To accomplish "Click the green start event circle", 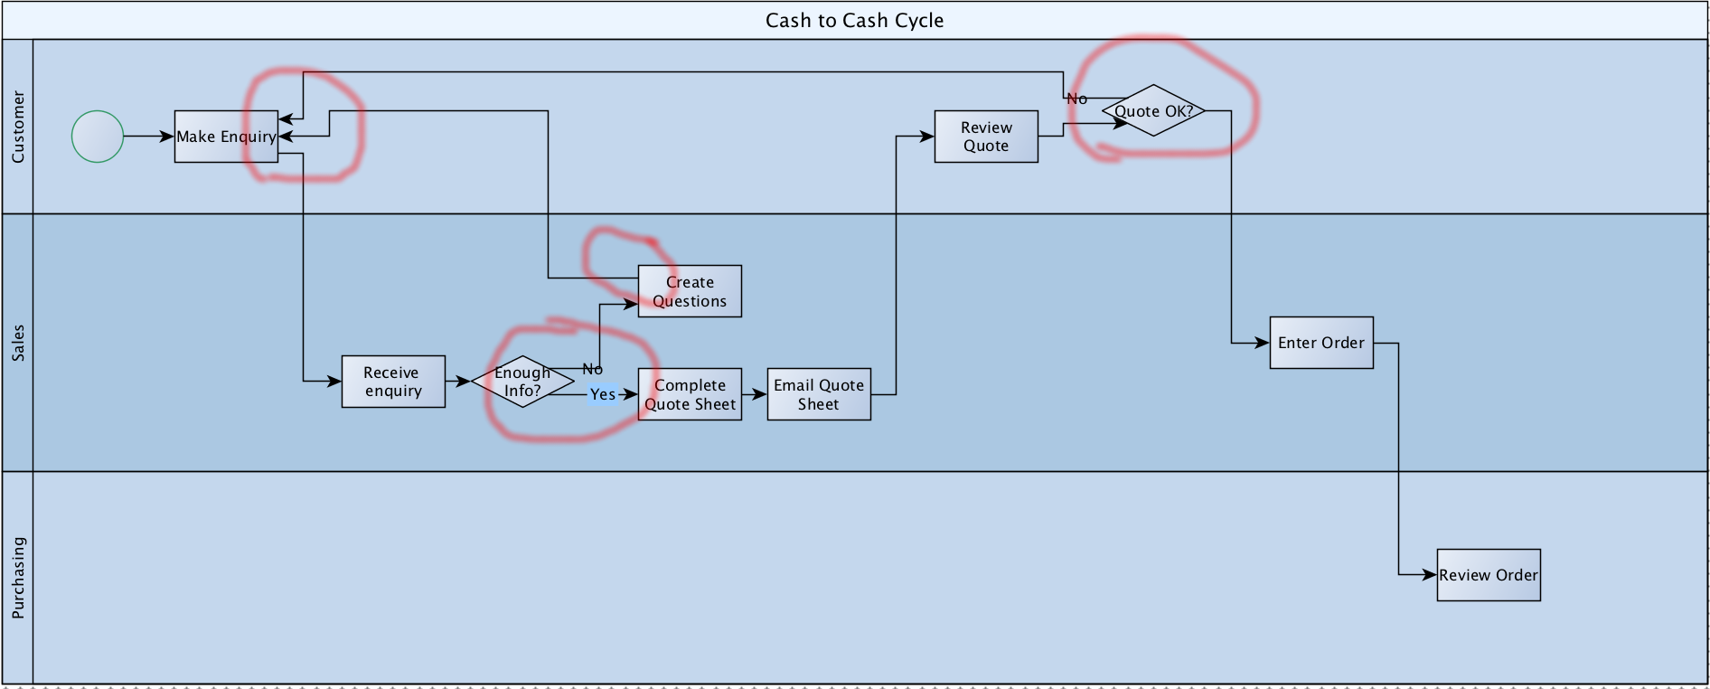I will (98, 137).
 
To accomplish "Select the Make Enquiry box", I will (226, 137).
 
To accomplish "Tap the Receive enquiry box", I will (393, 382).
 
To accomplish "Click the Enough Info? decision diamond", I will (522, 382).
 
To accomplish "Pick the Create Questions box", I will (690, 291).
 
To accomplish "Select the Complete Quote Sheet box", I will (690, 394).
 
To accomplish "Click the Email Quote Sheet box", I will (819, 394).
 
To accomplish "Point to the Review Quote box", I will (986, 137).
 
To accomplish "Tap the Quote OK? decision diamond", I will (1153, 111).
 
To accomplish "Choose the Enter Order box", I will (1321, 343).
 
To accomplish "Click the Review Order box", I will (1489, 575).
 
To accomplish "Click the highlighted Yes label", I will (602, 394).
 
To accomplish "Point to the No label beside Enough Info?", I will (592, 369).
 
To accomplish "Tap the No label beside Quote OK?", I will (1076, 99).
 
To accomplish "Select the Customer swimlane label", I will (18, 127).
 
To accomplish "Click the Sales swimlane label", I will (18, 343).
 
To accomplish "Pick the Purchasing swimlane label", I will (18, 578).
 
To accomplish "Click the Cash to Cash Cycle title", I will (854, 21).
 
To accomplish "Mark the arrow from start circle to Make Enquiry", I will (148, 137).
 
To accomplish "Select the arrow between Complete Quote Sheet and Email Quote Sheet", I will (755, 394).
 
